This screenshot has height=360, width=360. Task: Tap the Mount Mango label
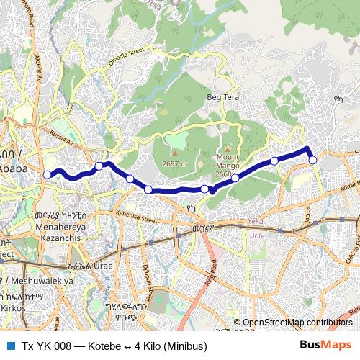(228, 161)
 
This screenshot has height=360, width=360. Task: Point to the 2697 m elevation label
(174, 163)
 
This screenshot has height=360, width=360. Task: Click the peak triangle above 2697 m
(174, 153)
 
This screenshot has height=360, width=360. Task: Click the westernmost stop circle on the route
(48, 174)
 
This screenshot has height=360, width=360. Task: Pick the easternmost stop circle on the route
(313, 160)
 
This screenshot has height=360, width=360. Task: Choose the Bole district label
(256, 235)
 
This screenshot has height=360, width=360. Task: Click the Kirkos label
(13, 307)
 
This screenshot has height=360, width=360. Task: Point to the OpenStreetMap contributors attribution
(297, 323)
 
